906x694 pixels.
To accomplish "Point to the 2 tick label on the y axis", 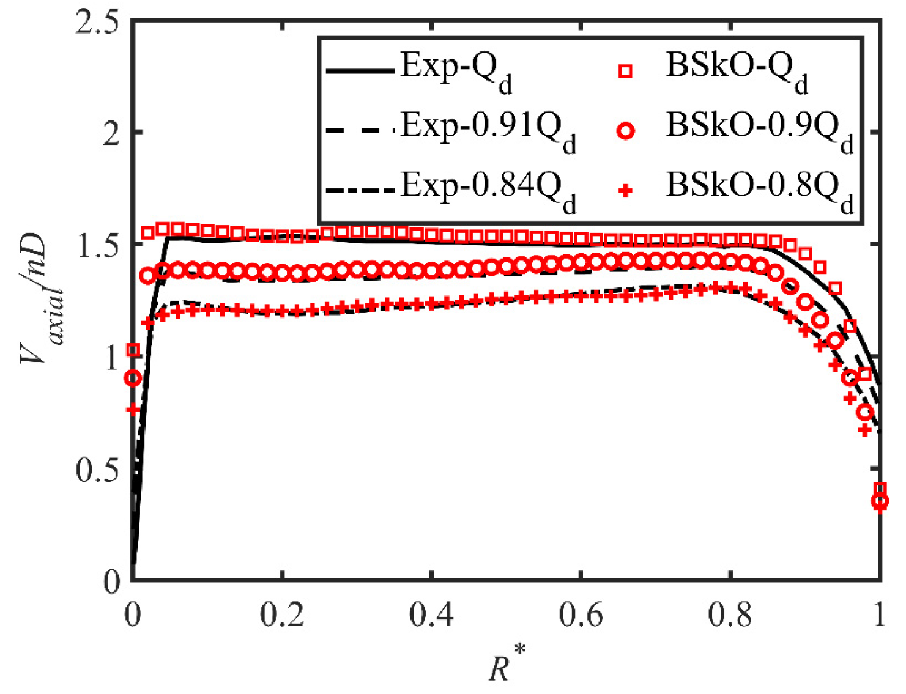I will pos(111,133).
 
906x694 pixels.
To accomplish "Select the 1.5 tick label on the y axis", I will pos(97,246).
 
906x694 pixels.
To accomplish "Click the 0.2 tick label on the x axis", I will pos(282,615).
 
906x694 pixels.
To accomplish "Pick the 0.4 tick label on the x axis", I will pos(431,615).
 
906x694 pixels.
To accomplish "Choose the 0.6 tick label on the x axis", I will pos(581,615).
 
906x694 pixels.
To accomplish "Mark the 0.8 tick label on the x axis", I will pos(730,615).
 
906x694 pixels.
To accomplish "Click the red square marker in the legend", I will pos(625,72).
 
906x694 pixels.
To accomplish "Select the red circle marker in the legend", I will pos(625,131).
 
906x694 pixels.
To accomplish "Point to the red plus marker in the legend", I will pos(625,191).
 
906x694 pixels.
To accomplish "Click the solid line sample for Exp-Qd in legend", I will pos(360,71).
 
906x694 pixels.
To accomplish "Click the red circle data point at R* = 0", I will pos(133,378).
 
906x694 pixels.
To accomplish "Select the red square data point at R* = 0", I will pos(133,350).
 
